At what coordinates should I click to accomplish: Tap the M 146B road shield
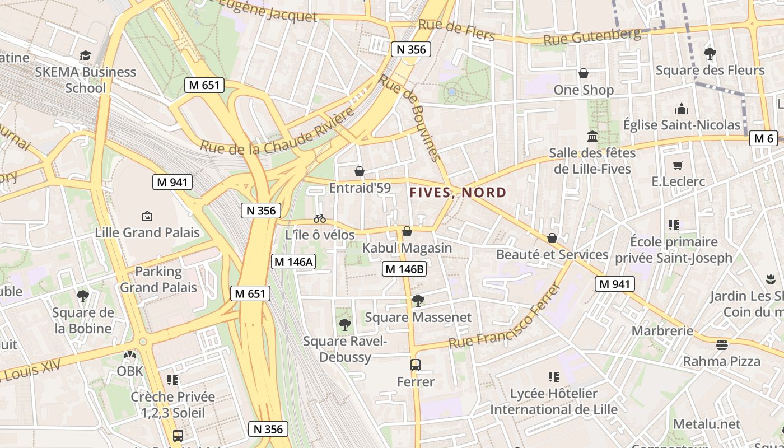(x=404, y=269)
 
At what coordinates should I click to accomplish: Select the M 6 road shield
(x=763, y=138)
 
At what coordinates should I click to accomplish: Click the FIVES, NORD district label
(x=458, y=193)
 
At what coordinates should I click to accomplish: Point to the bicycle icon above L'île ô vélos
(x=320, y=218)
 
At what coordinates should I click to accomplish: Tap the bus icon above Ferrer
(x=415, y=365)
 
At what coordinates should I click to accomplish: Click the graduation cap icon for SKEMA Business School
(x=85, y=55)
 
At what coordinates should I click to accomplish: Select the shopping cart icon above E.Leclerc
(x=678, y=165)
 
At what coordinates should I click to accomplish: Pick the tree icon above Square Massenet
(x=418, y=301)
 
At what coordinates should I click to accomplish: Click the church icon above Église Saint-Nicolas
(x=682, y=109)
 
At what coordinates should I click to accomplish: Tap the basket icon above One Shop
(x=583, y=73)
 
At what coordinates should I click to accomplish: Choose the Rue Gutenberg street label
(x=592, y=38)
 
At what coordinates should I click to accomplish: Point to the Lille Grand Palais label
(x=147, y=232)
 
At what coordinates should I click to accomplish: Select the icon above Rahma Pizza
(x=721, y=344)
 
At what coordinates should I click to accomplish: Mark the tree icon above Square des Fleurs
(x=710, y=54)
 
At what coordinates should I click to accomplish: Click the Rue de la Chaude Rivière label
(x=278, y=130)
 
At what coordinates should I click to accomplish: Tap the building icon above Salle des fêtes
(x=592, y=136)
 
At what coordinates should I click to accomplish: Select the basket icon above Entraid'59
(x=360, y=171)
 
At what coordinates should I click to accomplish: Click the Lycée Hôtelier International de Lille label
(x=554, y=402)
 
